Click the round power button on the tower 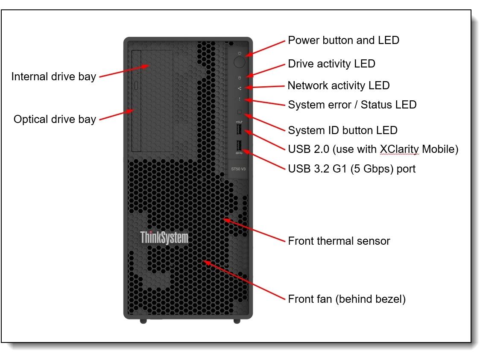[240, 62]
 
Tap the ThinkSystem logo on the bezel [164, 237]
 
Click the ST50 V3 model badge [238, 169]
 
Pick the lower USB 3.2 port [239, 145]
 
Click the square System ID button [240, 112]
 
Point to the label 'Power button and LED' [343, 40]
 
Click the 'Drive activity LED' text [331, 64]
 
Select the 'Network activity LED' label [338, 85]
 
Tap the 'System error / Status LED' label [352, 105]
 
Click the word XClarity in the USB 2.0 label [399, 149]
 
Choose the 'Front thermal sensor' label [339, 241]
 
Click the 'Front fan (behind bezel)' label [346, 299]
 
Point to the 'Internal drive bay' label [53, 76]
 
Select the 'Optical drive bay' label [55, 119]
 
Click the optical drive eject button [136, 85]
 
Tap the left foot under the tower [143, 320]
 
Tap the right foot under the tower [237, 320]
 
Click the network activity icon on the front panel [240, 88]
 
